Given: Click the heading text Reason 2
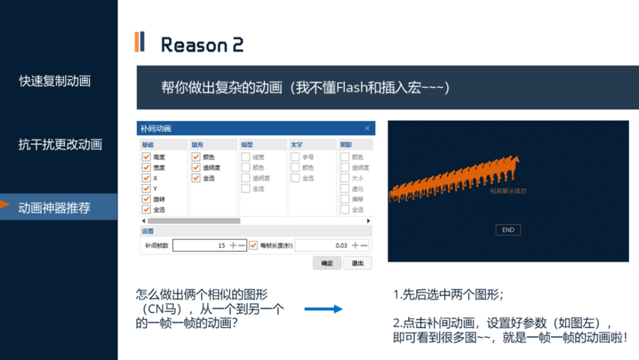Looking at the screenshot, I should coord(201,45).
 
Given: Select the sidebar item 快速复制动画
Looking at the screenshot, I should coord(55,81).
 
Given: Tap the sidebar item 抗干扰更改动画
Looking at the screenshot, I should coord(60,144).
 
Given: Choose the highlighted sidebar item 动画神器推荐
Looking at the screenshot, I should coord(55,207).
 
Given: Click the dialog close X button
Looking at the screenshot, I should coord(367,128).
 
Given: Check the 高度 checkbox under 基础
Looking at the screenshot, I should coord(146,157).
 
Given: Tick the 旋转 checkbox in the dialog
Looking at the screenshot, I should coord(146,199).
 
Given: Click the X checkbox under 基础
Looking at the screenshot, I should coord(146,178).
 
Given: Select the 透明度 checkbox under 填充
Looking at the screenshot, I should coord(196,168).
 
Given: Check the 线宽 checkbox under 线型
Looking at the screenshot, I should coord(245,157).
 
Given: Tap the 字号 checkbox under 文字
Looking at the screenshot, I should coord(295,157).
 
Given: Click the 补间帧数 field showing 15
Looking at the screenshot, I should coord(201,246).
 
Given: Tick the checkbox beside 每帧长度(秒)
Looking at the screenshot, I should coord(253,246).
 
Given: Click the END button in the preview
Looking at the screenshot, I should coord(508,230).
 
